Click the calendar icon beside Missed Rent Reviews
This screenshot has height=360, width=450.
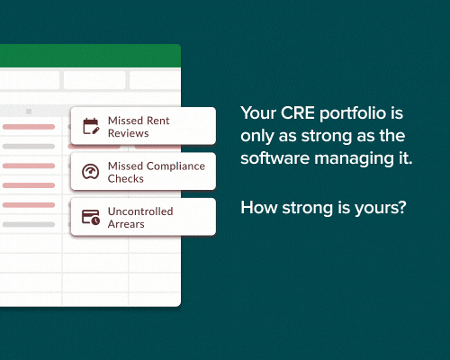point(91,126)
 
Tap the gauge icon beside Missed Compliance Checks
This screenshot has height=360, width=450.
point(91,172)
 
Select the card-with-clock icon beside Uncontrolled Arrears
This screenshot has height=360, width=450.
point(91,217)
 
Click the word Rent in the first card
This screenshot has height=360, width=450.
point(158,121)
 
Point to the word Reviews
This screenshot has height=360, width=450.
point(129,133)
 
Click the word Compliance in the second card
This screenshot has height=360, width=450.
point(175,166)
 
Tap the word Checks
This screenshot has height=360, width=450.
point(126,179)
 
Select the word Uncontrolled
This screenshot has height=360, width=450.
point(140,211)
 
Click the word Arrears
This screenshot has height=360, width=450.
point(126,224)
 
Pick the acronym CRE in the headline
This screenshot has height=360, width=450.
point(298,113)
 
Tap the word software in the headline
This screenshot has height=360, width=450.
point(275,158)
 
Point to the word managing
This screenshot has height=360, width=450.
point(354,159)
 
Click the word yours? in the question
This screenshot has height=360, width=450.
point(381,209)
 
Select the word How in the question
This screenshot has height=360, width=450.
point(259,208)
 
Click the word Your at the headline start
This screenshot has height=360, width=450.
point(258,113)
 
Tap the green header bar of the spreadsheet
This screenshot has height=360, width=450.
point(90,56)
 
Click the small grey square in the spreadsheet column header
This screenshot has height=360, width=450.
point(29,112)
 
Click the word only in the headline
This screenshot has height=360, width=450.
point(257,137)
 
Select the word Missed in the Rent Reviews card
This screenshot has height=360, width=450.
point(126,121)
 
